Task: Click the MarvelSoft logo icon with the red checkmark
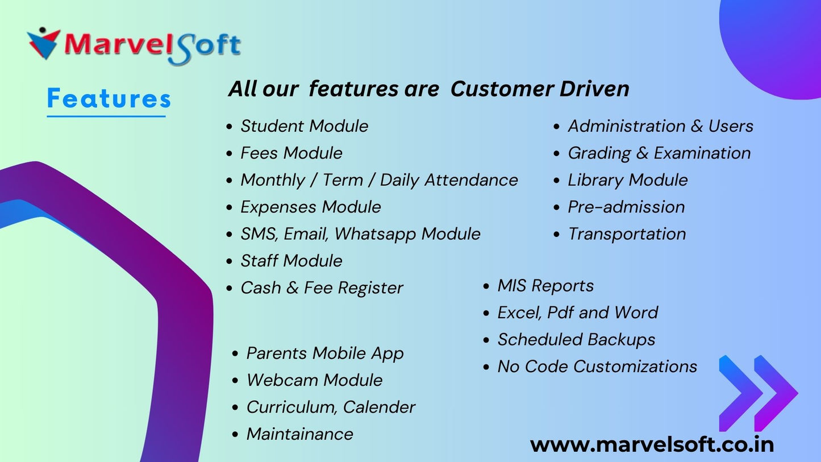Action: pos(43,43)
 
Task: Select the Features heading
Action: pos(109,98)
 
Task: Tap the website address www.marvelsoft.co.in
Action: pos(652,444)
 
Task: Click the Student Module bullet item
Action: pos(304,126)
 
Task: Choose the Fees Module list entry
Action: pos(291,153)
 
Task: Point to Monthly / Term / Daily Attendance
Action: pos(379,180)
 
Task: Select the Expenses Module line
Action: pos(310,207)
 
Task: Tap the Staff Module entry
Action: pos(291,261)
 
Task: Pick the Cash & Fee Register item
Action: pos(322,288)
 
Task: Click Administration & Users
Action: pos(660,126)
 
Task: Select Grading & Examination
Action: pos(659,153)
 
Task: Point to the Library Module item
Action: pos(627,180)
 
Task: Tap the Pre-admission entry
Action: pos(626,207)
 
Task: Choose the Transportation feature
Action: pos(627,234)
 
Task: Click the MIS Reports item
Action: pos(545,286)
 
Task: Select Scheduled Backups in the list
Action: pos(576,340)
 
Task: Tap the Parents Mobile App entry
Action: pos(325,353)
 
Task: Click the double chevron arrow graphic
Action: pos(758,393)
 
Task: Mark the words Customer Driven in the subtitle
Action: pos(540,89)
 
